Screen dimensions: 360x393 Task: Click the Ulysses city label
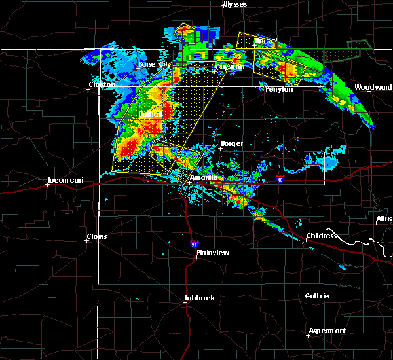coord(236,4)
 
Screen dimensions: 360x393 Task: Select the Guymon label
coord(229,67)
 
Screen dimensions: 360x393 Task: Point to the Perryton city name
coord(278,88)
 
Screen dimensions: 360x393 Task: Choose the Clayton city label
coord(102,84)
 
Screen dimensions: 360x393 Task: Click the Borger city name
coord(232,143)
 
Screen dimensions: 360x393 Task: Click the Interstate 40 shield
coord(280,179)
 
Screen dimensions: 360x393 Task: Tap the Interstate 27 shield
coord(195,244)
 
